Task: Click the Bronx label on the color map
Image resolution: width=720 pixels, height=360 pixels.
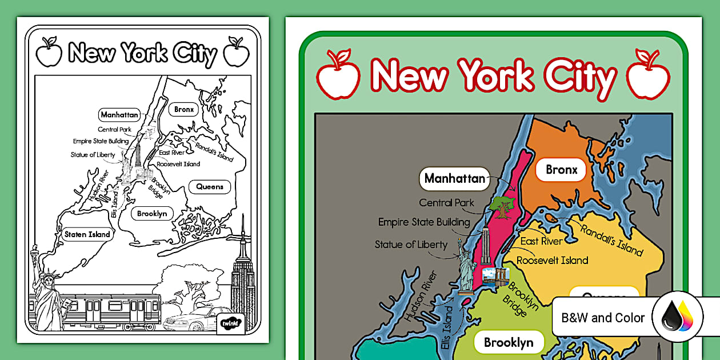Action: (x=561, y=170)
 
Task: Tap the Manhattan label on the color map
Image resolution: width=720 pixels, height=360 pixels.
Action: (x=454, y=179)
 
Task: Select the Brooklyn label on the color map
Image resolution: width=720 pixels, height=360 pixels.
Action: (x=508, y=342)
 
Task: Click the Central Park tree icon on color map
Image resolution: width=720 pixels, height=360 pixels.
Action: (x=502, y=206)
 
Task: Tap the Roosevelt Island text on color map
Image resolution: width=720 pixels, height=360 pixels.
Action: (x=552, y=261)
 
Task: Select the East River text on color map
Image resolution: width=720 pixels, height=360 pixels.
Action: (x=541, y=241)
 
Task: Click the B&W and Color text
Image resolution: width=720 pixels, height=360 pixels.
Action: (x=603, y=318)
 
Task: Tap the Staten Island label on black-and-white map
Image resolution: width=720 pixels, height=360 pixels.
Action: (x=86, y=234)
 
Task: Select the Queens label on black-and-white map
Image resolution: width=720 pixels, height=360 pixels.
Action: (x=209, y=186)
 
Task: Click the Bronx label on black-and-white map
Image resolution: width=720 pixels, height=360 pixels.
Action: (x=183, y=109)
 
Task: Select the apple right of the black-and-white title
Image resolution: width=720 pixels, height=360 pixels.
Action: (x=236, y=52)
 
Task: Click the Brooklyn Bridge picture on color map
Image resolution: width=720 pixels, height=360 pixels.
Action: (x=492, y=277)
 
